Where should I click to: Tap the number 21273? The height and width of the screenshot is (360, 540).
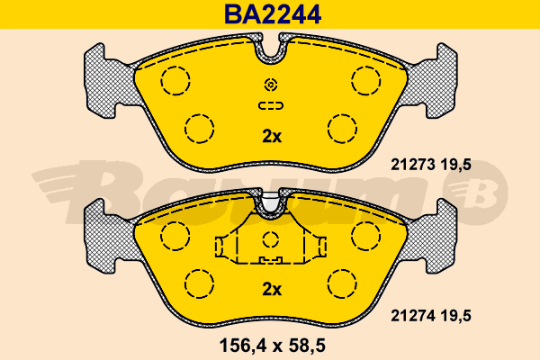pyautogui.click(x=411, y=164)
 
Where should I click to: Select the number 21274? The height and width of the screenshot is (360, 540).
pyautogui.click(x=411, y=315)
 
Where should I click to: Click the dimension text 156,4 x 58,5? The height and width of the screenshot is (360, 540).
pyautogui.click(x=271, y=345)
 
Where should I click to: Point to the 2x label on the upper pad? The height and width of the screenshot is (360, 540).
pyautogui.click(x=271, y=137)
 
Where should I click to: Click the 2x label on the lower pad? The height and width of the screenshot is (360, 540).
pyautogui.click(x=271, y=289)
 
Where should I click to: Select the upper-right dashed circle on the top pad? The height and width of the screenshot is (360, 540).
pyautogui.click(x=367, y=81)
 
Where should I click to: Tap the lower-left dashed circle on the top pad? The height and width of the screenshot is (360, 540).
pyautogui.click(x=199, y=129)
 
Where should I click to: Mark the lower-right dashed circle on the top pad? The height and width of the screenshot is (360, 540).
pyautogui.click(x=342, y=129)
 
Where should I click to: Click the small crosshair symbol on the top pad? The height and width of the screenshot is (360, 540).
pyautogui.click(x=271, y=85)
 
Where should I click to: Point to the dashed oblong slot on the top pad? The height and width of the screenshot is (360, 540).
pyautogui.click(x=271, y=106)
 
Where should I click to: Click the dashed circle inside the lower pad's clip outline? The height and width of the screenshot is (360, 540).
pyautogui.click(x=271, y=239)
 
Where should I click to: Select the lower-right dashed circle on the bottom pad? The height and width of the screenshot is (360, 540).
pyautogui.click(x=342, y=283)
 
